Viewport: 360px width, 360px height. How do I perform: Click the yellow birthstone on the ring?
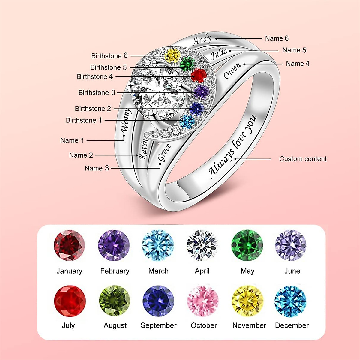[172, 55]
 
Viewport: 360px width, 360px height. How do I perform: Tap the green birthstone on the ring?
[187, 63]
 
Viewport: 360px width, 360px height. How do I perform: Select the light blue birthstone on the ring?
[187, 121]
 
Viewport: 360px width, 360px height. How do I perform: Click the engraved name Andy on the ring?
[202, 40]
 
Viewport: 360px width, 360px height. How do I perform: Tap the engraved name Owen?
[232, 71]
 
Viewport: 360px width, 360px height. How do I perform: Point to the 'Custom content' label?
[303, 159]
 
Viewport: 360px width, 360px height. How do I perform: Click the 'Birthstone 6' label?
[109, 56]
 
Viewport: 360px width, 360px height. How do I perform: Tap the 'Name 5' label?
[294, 50]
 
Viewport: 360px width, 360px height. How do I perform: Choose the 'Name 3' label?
[97, 168]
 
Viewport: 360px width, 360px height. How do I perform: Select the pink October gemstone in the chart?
[203, 301]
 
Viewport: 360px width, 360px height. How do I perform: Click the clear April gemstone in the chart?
[202, 245]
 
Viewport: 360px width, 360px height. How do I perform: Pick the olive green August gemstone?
[115, 301]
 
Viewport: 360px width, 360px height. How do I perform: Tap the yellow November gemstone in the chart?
[247, 301]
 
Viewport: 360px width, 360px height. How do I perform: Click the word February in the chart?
[115, 271]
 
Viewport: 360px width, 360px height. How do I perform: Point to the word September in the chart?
[158, 325]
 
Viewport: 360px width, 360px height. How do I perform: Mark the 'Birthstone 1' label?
[84, 120]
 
